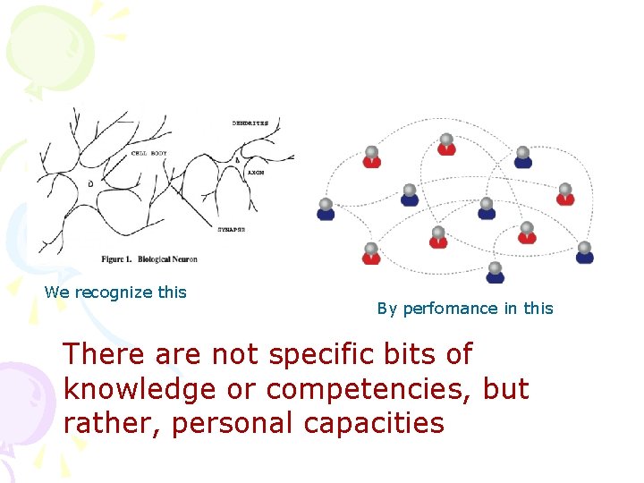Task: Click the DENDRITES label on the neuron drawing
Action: point(250,123)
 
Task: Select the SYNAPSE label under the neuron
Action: point(231,230)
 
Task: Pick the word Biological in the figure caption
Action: point(156,259)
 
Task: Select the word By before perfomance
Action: point(386,309)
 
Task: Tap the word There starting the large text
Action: point(105,355)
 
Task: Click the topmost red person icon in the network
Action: point(446,145)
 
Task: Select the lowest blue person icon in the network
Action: point(495,273)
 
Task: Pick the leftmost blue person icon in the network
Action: point(326,210)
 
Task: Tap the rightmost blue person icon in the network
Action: point(584,253)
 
